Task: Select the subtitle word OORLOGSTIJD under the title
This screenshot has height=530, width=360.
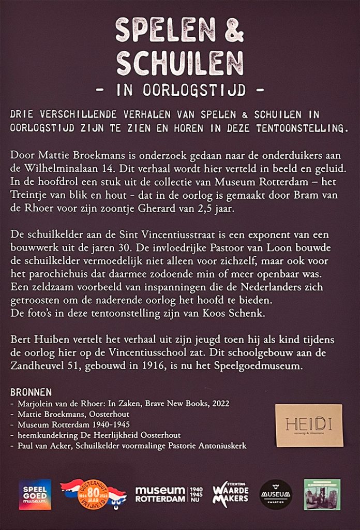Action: (x=181, y=91)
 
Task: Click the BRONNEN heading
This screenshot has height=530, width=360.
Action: (x=31, y=392)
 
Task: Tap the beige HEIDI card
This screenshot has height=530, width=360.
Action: (x=309, y=425)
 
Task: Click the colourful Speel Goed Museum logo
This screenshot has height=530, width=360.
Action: (x=35, y=494)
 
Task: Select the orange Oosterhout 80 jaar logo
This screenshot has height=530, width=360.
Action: (x=93, y=493)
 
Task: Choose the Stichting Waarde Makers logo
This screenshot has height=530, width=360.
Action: (x=231, y=494)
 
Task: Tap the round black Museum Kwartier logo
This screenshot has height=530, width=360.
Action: (x=276, y=494)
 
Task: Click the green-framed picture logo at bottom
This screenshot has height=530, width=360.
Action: (x=322, y=494)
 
